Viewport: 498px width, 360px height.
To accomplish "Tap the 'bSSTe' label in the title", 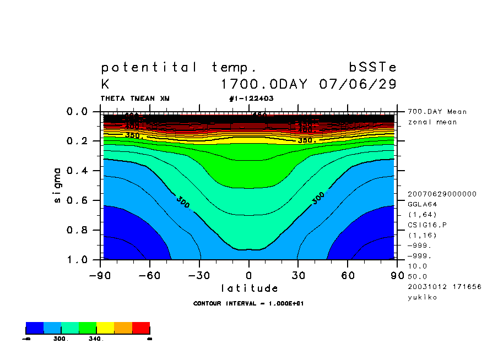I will pyautogui.click(x=372, y=68).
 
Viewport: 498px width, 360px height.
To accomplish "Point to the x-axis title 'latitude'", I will pyautogui.click(x=249, y=288).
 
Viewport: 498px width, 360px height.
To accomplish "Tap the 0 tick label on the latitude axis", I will pyautogui.click(x=249, y=275).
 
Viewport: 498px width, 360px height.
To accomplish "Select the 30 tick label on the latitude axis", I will pyautogui.click(x=299, y=275).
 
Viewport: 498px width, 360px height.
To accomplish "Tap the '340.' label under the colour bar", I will pyautogui.click(x=96, y=339).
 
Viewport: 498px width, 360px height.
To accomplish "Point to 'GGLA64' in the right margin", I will pyautogui.click(x=420, y=204).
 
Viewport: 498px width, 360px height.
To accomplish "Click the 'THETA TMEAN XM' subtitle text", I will pyautogui.click(x=135, y=99).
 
